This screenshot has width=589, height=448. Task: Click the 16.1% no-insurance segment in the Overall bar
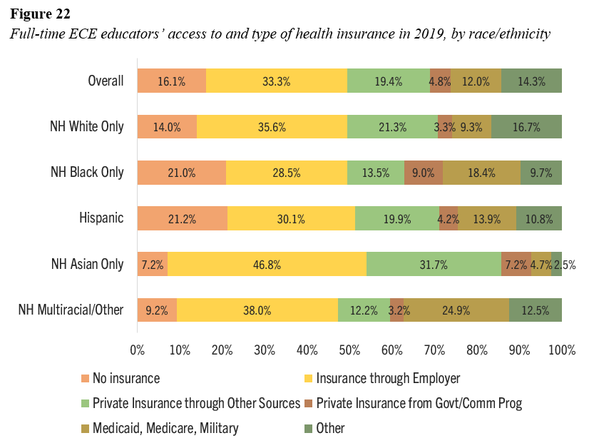click(x=171, y=81)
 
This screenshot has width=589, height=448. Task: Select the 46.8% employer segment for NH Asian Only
click(x=267, y=264)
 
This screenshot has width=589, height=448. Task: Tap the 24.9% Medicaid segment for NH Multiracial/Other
click(x=456, y=310)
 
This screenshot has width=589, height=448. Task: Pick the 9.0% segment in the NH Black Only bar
click(x=424, y=173)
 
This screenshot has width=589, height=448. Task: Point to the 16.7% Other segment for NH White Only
click(x=526, y=127)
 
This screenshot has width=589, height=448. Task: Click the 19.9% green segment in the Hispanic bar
click(x=396, y=218)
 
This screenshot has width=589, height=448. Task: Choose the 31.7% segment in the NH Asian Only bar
click(x=434, y=264)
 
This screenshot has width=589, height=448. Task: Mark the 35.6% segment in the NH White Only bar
click(x=272, y=127)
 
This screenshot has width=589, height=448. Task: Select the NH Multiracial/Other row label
click(x=71, y=310)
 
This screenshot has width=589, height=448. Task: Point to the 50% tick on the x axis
click(x=349, y=350)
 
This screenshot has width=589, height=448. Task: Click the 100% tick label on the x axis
click(x=561, y=350)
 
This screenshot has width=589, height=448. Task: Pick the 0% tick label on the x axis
click(x=138, y=350)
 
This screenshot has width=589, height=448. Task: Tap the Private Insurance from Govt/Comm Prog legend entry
click(x=419, y=403)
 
